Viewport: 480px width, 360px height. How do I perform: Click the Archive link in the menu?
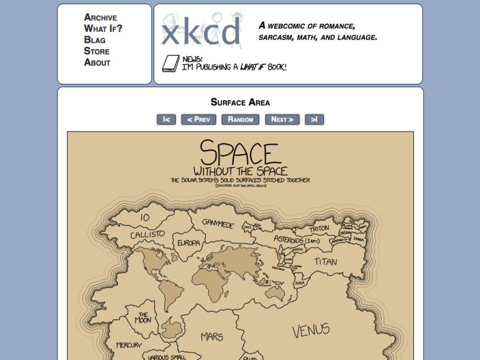click(x=100, y=17)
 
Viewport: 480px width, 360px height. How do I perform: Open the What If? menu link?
click(x=103, y=28)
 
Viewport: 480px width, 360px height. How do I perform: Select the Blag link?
click(x=95, y=40)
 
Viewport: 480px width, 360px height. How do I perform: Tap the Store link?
click(x=97, y=51)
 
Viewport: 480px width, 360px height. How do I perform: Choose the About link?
click(x=97, y=62)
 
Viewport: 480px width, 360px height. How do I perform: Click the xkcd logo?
click(x=202, y=33)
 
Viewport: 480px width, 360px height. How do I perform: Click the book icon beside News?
click(x=171, y=63)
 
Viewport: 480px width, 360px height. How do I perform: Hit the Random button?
click(x=240, y=119)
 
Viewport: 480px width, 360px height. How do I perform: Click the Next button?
click(x=282, y=119)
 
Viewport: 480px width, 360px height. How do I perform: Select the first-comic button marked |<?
click(x=166, y=119)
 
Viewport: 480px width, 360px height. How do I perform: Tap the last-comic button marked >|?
click(x=314, y=119)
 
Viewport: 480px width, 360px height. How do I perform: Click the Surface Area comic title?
click(x=240, y=103)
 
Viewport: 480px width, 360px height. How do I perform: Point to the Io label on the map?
click(x=145, y=217)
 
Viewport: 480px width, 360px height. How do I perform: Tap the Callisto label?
click(x=147, y=234)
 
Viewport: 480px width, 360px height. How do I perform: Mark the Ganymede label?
click(x=217, y=224)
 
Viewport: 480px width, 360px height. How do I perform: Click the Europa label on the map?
click(x=188, y=243)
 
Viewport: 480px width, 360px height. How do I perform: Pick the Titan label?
click(x=326, y=262)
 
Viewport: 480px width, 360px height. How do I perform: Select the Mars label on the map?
click(x=212, y=336)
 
